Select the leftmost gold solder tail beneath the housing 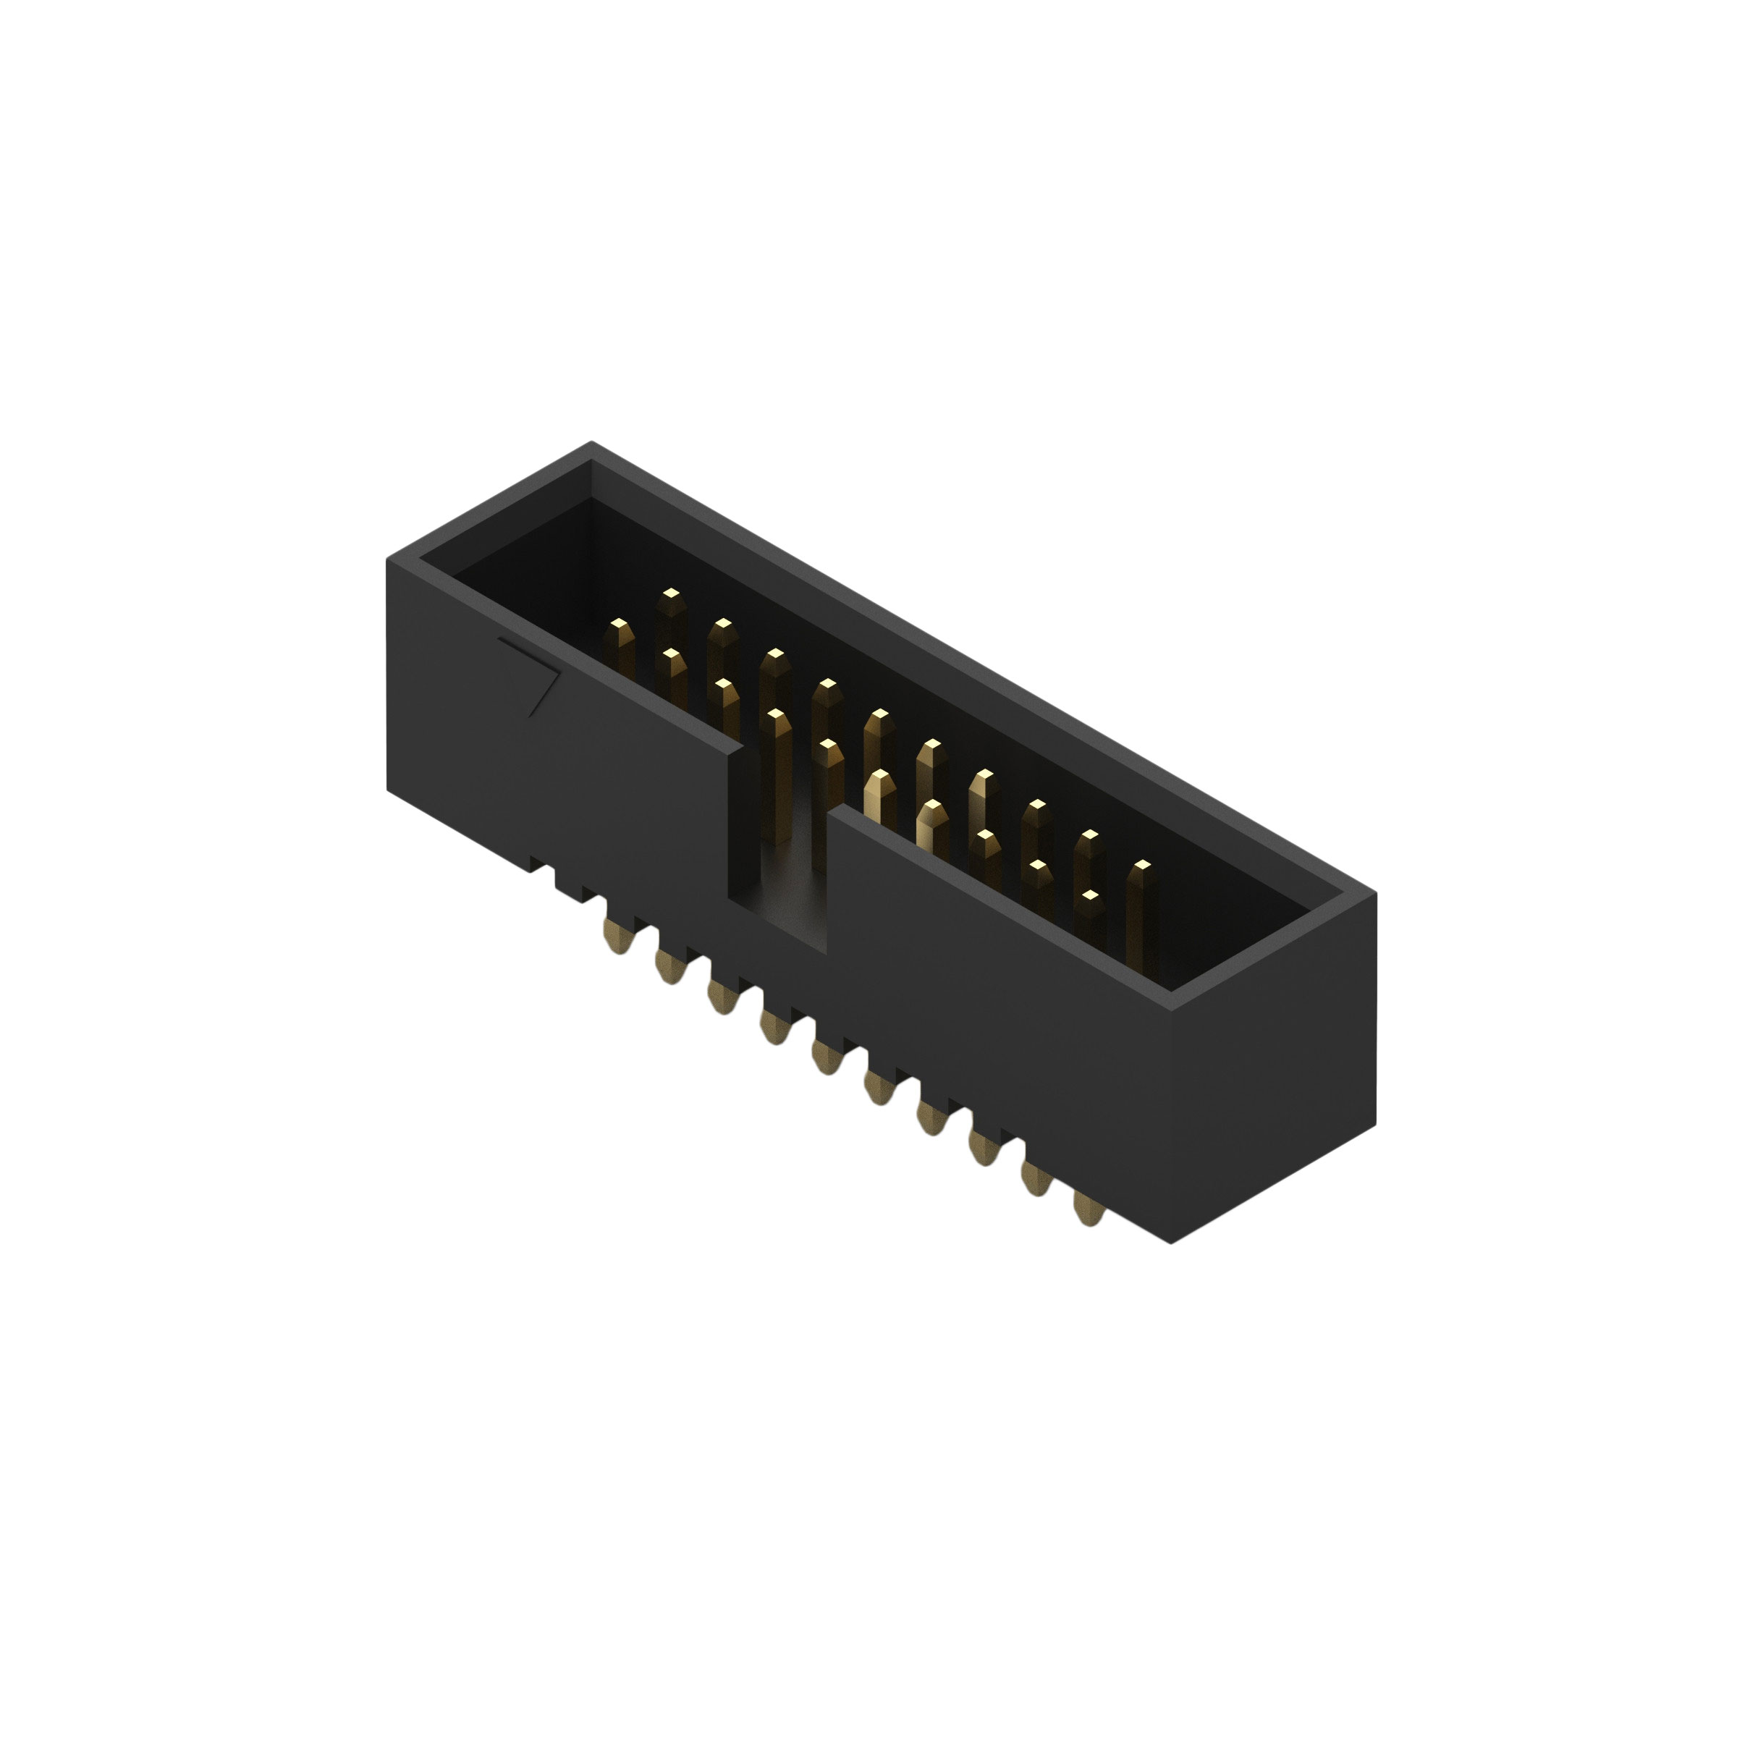pyautogui.click(x=617, y=937)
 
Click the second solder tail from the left pyautogui.click(x=669, y=968)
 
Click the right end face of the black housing pyautogui.click(x=1272, y=1061)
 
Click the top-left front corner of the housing pyautogui.click(x=389, y=559)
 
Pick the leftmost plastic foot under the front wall pyautogui.click(x=539, y=865)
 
